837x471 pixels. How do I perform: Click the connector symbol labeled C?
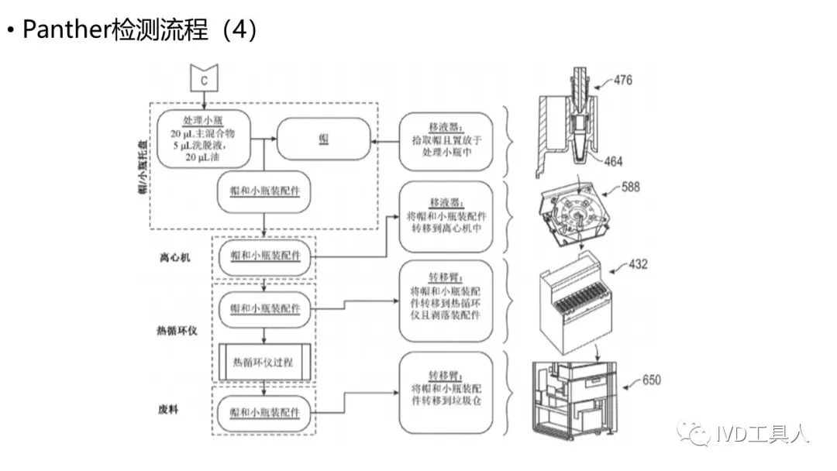tap(204, 79)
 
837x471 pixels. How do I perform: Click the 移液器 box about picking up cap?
tap(447, 139)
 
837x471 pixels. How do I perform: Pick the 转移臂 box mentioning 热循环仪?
tap(447, 300)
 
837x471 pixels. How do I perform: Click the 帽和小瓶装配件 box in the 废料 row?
tap(264, 407)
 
